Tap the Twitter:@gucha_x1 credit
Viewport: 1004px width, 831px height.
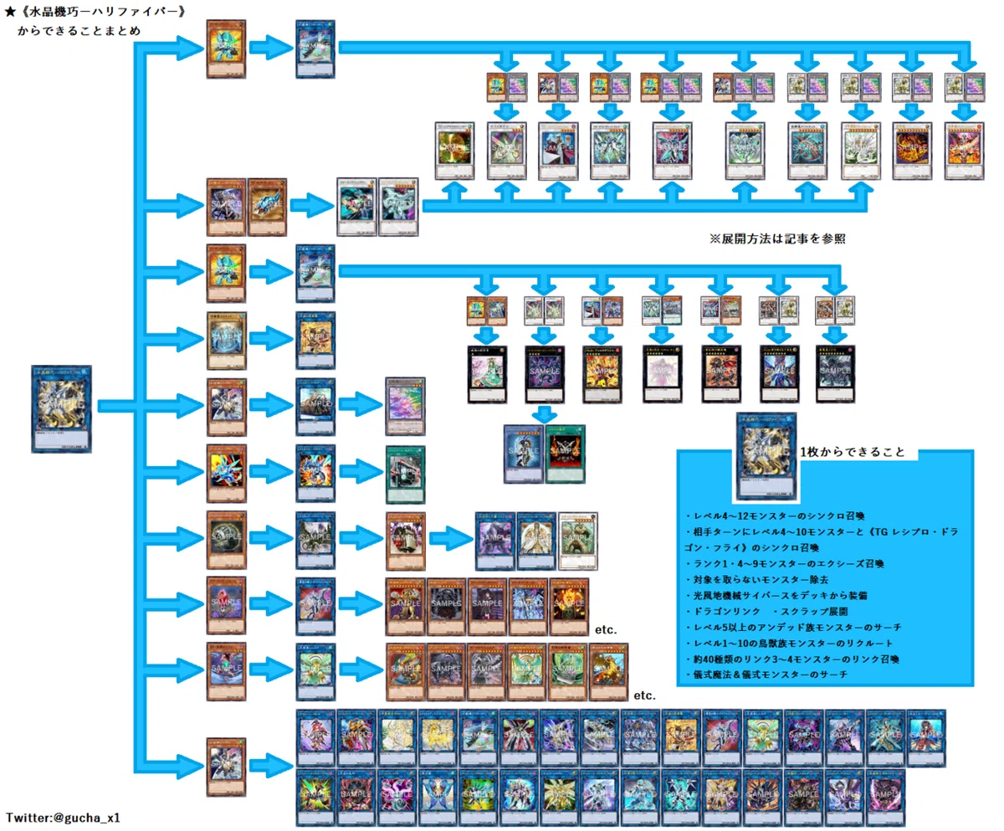(x=64, y=817)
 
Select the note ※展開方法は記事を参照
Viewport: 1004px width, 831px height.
(x=776, y=239)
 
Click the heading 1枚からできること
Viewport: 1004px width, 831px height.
(x=853, y=452)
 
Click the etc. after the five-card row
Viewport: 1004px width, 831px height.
(x=605, y=628)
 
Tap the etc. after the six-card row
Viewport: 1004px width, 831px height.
(x=645, y=695)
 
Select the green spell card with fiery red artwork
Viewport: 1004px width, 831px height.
(x=566, y=453)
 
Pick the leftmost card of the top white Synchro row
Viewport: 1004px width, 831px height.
(x=455, y=151)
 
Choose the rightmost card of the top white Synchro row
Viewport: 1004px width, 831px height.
(x=964, y=151)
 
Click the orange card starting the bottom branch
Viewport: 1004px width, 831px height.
(x=226, y=765)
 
